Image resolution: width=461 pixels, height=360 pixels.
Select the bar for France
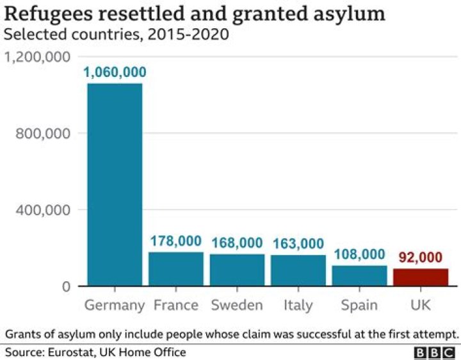pyautogui.click(x=176, y=269)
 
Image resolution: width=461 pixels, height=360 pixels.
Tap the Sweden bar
pyautogui.click(x=237, y=270)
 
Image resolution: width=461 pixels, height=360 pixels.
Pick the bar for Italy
pyautogui.click(x=298, y=270)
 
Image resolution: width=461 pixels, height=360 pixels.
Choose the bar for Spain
pyautogui.click(x=359, y=275)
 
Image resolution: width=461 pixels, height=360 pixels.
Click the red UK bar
pyautogui.click(x=421, y=277)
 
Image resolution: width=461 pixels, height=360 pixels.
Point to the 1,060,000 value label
pyautogui.click(x=115, y=72)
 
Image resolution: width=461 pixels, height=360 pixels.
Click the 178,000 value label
pyautogui.click(x=176, y=241)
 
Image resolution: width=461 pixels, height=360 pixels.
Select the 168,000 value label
pyautogui.click(x=237, y=243)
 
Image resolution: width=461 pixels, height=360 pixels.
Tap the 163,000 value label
pyautogui.click(x=298, y=244)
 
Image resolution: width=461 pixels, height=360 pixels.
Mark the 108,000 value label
pyautogui.click(x=359, y=254)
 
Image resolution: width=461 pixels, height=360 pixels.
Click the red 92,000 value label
pyautogui.click(x=421, y=258)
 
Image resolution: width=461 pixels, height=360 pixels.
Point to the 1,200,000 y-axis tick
pyautogui.click(x=37, y=57)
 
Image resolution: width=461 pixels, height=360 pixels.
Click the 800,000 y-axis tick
pyautogui.click(x=44, y=133)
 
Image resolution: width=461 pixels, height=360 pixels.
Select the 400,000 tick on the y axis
pyautogui.click(x=44, y=209)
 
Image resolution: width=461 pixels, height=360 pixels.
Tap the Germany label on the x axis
pyautogui.click(x=115, y=305)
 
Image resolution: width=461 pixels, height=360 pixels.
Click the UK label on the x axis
pyautogui.click(x=421, y=305)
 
